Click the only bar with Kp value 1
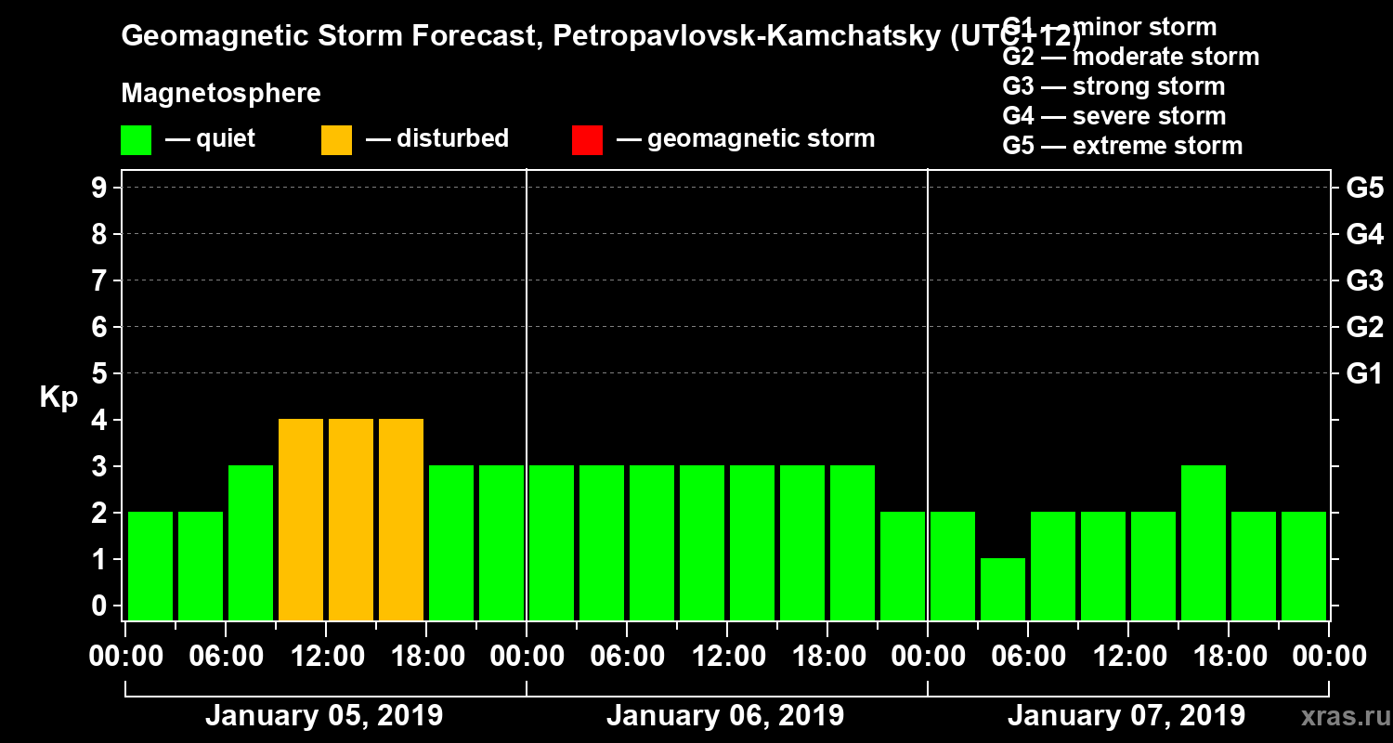[1003, 589]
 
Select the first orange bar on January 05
[301, 519]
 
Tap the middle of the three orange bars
[351, 519]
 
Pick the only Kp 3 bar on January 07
[1204, 542]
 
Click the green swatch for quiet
[137, 140]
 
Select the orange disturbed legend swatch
[337, 140]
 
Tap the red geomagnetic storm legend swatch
[588, 140]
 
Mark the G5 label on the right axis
[1364, 189]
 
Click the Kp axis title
[59, 397]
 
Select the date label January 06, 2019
[725, 716]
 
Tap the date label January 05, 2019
[324, 716]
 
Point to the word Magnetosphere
[221, 94]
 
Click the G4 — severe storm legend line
[1114, 116]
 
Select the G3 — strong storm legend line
[1113, 86]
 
